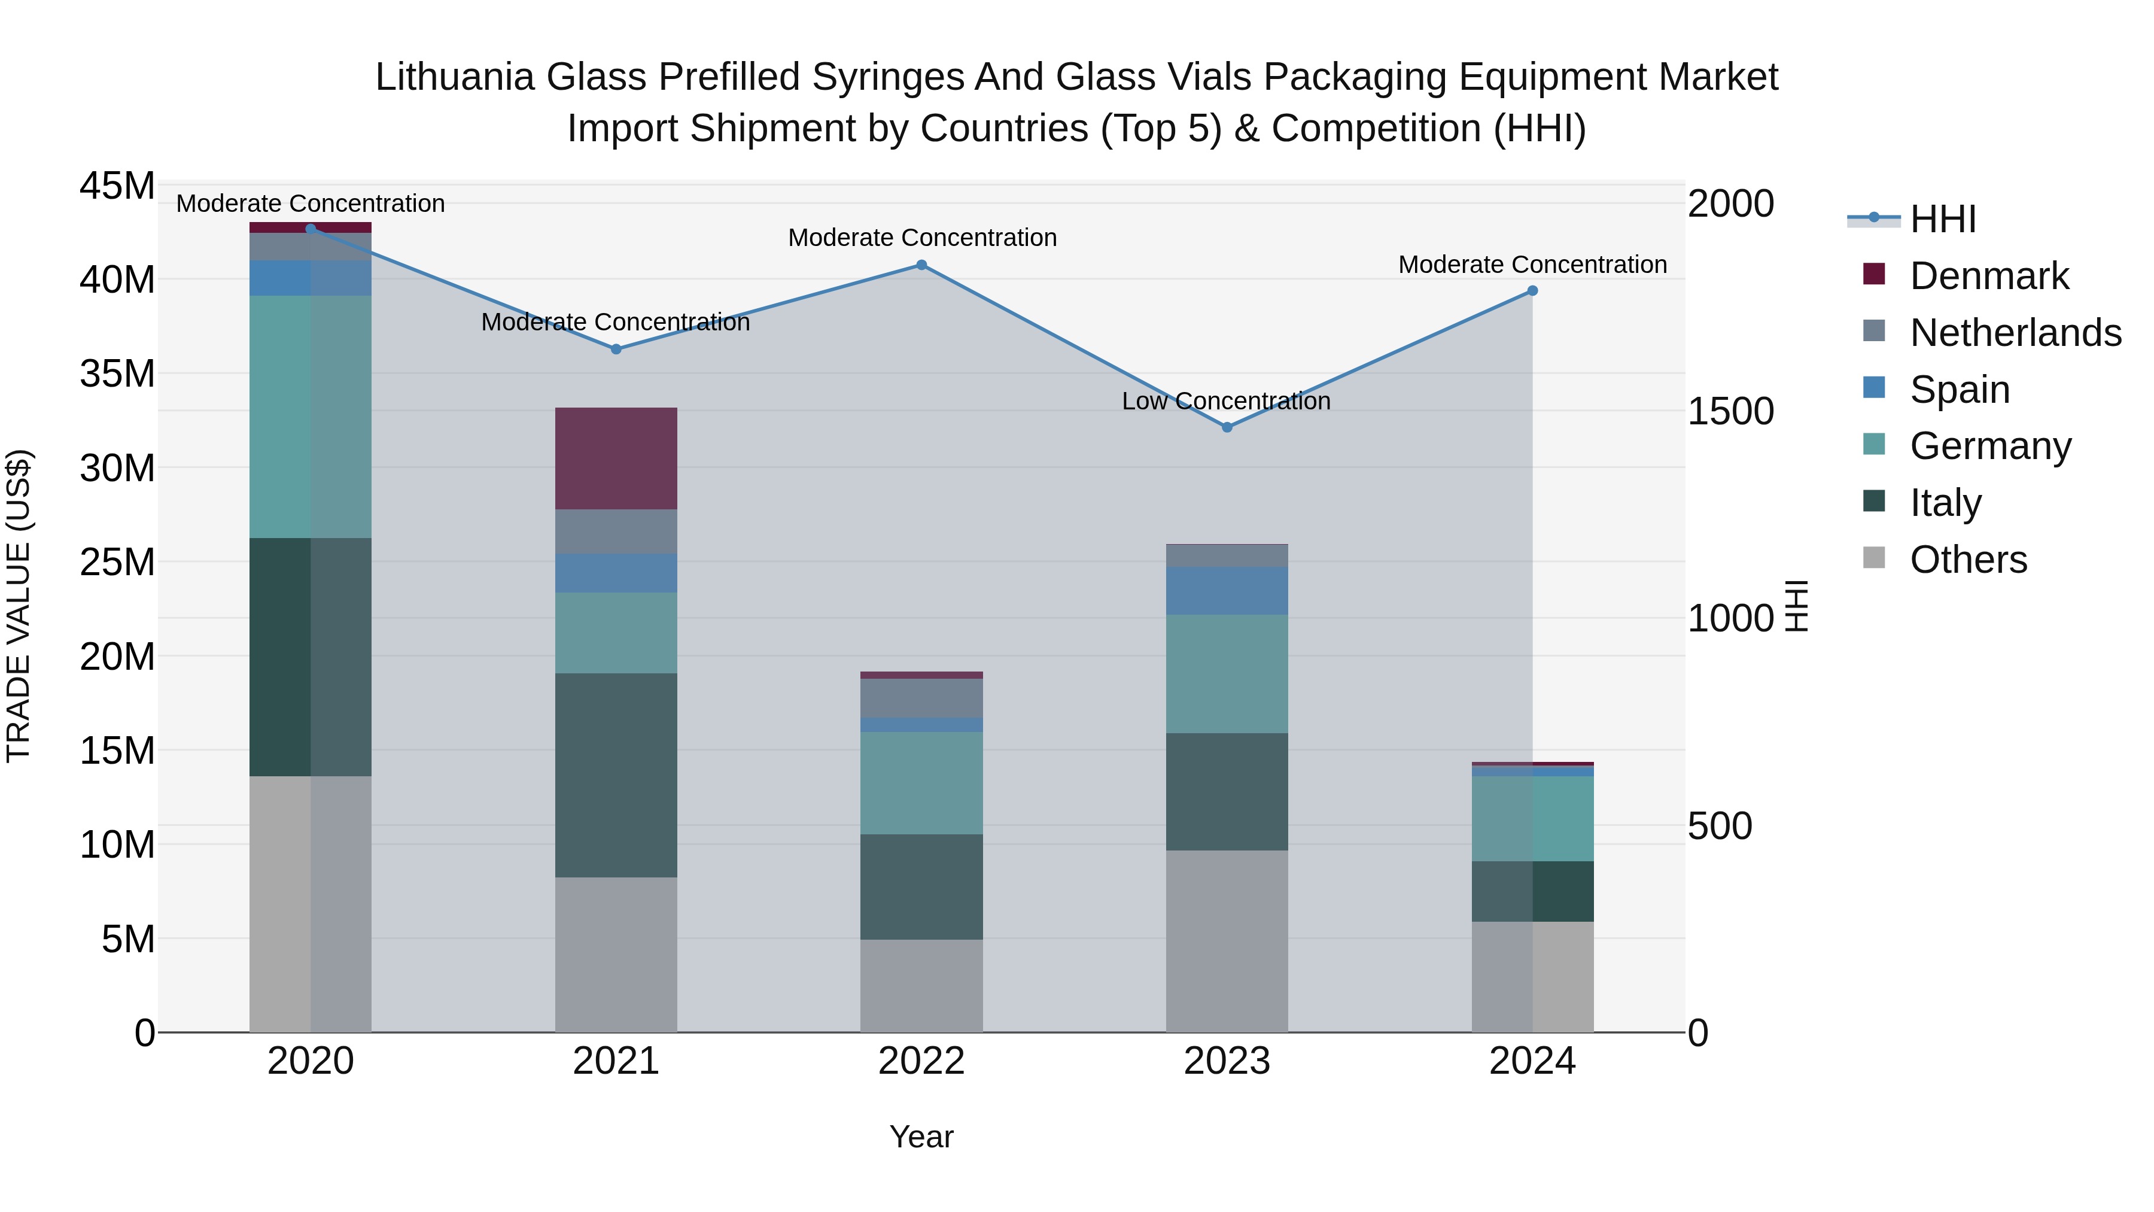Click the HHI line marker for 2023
click(1227, 427)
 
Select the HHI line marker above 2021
click(616, 350)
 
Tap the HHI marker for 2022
click(921, 265)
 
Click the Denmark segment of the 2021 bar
click(616, 458)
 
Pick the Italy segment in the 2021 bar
click(616, 774)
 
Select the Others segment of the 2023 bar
click(1227, 941)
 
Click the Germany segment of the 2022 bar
click(921, 783)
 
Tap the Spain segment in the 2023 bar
click(1227, 591)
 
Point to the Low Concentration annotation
click(1226, 402)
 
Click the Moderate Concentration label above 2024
click(1532, 265)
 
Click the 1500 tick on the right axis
click(1730, 412)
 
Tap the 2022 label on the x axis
click(921, 1061)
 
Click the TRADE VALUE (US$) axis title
click(19, 606)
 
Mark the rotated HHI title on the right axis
click(1796, 606)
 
